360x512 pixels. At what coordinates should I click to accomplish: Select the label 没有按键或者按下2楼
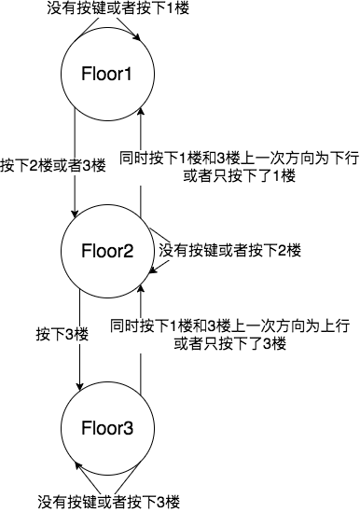[230, 251]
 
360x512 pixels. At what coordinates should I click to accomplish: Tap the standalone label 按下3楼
[62, 333]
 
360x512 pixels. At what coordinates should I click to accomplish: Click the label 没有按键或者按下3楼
[107, 502]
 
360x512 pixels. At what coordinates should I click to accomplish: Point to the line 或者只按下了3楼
[229, 343]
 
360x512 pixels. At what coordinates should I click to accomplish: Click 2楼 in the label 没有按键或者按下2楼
[290, 251]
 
